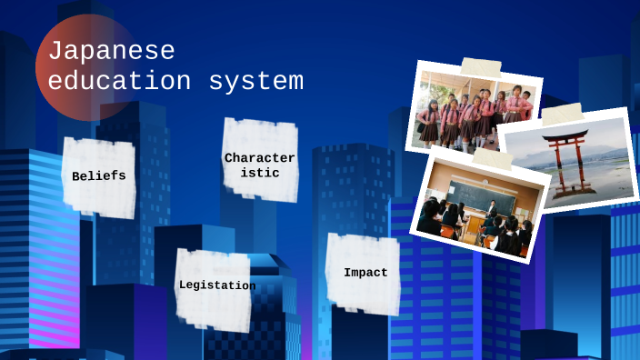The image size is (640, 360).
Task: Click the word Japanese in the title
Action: point(111,51)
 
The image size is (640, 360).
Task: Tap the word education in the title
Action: point(119,81)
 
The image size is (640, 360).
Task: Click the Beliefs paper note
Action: point(99,176)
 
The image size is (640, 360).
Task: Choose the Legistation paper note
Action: point(216,286)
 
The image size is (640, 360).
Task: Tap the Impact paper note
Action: point(365,273)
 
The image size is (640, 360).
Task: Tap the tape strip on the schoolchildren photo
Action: point(481,66)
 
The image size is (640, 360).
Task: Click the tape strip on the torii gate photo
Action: point(562,114)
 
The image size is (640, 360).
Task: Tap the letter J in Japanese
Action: point(54,51)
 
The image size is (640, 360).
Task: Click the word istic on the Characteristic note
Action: point(260,173)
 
